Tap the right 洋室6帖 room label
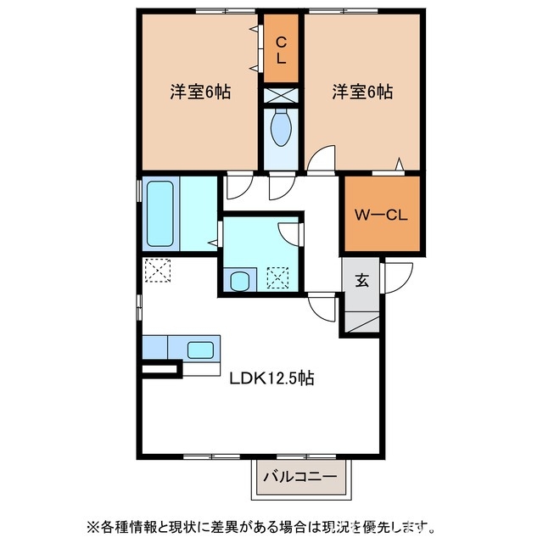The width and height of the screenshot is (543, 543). pos(362,92)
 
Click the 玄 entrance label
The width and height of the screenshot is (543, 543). pos(362,281)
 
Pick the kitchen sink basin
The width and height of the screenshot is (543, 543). pos(200,348)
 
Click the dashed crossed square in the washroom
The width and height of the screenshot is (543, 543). pos(278,277)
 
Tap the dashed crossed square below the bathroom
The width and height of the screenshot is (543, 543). pos(157,271)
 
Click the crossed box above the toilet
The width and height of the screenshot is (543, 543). pos(280,95)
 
